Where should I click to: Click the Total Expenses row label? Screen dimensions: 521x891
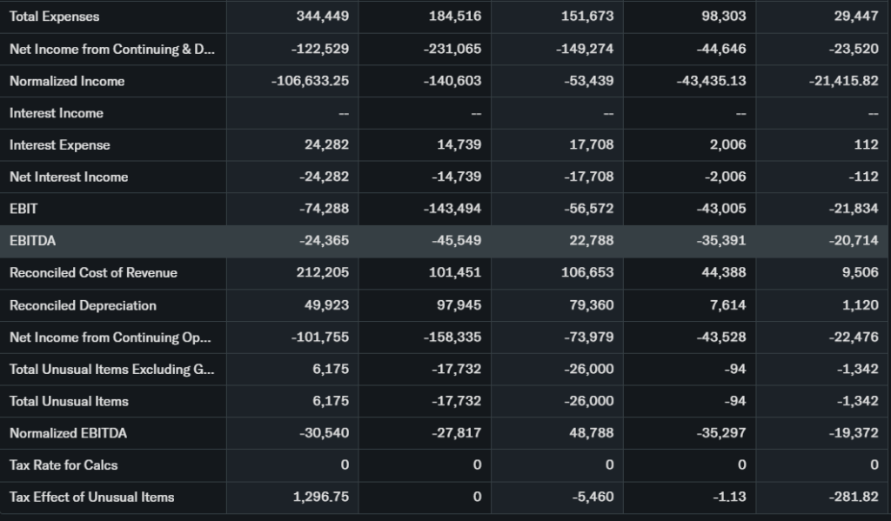[55, 17]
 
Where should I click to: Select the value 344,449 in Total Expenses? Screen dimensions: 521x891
[323, 17]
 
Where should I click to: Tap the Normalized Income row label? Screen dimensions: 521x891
[67, 81]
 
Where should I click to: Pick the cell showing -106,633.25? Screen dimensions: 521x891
[311, 81]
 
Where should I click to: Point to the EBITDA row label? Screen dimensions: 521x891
[32, 240]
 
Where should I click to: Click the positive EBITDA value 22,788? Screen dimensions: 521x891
[592, 240]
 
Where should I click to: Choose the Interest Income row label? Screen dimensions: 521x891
[57, 113]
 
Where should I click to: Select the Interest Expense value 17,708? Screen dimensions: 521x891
[592, 144]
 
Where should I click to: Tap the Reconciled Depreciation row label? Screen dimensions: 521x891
[84, 305]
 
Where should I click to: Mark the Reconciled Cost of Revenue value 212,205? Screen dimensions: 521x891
[323, 272]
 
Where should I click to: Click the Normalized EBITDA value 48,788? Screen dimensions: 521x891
[592, 432]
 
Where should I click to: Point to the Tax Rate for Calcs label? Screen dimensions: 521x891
[64, 464]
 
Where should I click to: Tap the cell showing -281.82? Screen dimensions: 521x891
[855, 497]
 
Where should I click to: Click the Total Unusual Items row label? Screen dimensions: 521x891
[69, 401]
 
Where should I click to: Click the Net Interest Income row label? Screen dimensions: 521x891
[69, 177]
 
